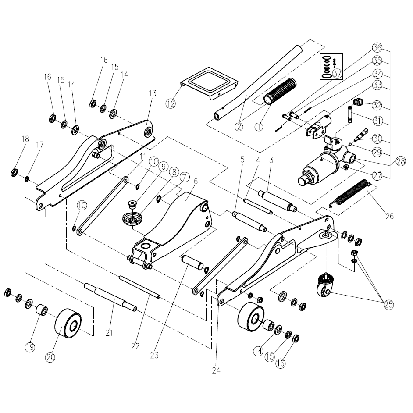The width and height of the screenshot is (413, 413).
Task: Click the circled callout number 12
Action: tap(171, 103)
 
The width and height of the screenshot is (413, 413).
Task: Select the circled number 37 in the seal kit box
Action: tap(337, 74)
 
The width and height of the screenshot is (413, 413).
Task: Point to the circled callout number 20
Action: tap(50, 357)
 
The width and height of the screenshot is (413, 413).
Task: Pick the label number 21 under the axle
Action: tap(109, 333)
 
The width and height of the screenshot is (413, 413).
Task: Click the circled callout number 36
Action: tap(377, 47)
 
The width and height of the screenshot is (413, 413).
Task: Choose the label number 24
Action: tap(215, 370)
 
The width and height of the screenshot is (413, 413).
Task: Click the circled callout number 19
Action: tap(29, 347)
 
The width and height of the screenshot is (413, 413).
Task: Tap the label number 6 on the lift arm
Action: tap(196, 181)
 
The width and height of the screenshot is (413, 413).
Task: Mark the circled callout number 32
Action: tap(377, 105)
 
